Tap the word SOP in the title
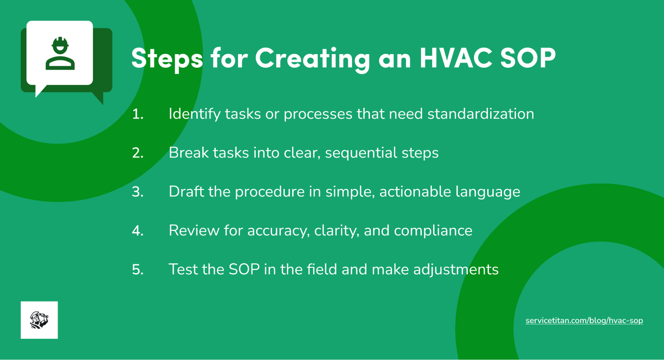[x=528, y=58]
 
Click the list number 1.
[x=137, y=114]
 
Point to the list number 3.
[x=138, y=192]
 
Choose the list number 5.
[x=138, y=269]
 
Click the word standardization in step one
[x=481, y=114]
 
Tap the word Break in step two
[x=188, y=153]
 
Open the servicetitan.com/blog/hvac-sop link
[x=584, y=320]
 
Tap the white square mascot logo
[x=39, y=320]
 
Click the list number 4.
[x=138, y=231]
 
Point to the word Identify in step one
[x=194, y=114]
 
